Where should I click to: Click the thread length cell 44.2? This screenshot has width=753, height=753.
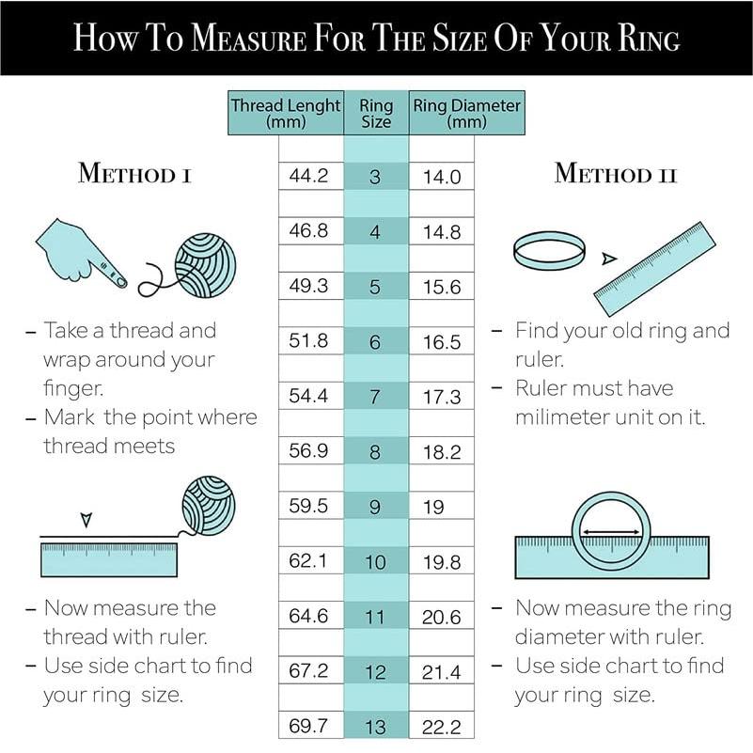(311, 176)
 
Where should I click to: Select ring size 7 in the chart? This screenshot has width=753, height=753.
(376, 396)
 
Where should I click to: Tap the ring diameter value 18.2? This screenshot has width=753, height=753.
(441, 451)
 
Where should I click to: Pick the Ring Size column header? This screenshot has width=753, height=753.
(376, 113)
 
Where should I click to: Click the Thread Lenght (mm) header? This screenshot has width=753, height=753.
(286, 113)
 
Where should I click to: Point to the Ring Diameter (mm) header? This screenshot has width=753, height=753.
(467, 113)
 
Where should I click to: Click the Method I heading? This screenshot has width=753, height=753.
(135, 173)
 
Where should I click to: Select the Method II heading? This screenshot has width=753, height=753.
(616, 173)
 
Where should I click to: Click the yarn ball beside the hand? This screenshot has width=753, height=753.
(205, 265)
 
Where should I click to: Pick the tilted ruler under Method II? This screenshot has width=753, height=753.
(655, 269)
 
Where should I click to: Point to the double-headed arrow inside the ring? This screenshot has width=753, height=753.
(610, 532)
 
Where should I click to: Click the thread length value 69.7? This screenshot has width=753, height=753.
(308, 725)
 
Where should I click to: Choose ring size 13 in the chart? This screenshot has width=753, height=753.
(375, 727)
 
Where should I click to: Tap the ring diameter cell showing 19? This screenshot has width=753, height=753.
(441, 506)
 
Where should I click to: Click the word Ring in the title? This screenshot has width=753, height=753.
(649, 38)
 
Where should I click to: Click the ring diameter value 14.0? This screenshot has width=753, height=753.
(442, 177)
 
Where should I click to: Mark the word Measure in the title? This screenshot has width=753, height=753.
(249, 38)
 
